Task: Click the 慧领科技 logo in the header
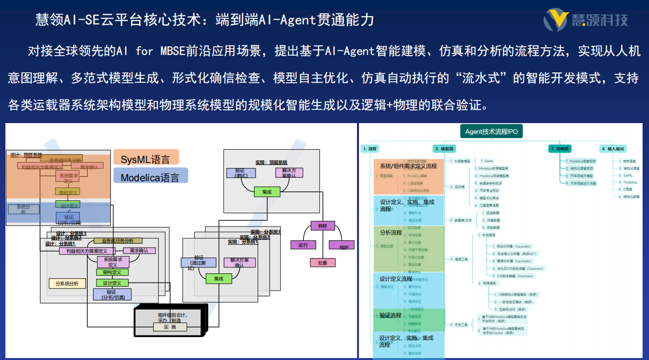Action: point(586,20)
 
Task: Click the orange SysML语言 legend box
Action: point(146,159)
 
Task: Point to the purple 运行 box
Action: point(303,245)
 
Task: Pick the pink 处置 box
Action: point(323,262)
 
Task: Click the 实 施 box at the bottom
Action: point(170,327)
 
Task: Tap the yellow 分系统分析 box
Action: point(67,283)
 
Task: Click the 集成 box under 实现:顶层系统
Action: point(266,192)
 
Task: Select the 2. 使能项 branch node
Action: point(445,148)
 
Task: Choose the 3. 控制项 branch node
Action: point(560,148)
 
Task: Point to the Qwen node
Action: point(488,161)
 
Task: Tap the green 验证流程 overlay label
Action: point(390,315)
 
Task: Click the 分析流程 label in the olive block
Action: point(391,232)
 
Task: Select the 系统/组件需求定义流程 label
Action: point(408,166)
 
